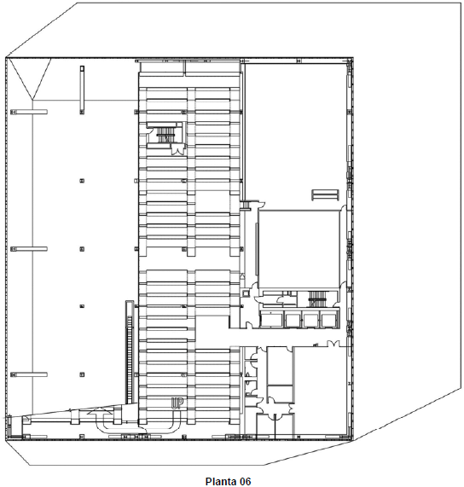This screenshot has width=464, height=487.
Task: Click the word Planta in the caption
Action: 221,481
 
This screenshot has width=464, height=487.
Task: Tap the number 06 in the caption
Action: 245,481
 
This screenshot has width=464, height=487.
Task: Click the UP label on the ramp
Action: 177,403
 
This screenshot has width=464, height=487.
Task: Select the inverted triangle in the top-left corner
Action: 30,78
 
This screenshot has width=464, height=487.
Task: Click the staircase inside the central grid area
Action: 165,135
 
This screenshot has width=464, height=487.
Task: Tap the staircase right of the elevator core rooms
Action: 317,299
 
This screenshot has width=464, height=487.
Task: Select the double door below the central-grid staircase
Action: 178,150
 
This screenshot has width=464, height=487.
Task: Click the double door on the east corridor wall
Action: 333,343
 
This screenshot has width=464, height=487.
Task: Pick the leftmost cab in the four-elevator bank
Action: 271,320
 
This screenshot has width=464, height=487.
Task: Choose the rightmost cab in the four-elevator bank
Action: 329,320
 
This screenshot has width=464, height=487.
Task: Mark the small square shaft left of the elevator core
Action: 246,293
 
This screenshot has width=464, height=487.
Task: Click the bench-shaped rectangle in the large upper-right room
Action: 325,194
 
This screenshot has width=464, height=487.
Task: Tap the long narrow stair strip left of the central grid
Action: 130,351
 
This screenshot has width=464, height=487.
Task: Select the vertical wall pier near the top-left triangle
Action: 82,90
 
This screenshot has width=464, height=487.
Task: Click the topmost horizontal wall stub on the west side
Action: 29,112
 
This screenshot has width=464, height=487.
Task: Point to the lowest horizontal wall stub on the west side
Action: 29,374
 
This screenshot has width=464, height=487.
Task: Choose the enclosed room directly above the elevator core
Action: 299,249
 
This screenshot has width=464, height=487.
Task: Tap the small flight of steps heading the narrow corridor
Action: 246,205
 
